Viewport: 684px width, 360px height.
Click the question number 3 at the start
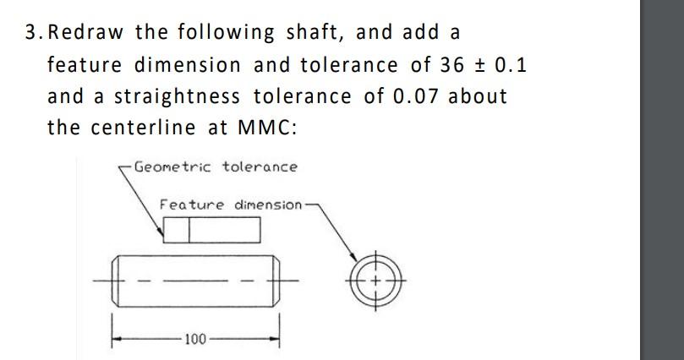(x=31, y=33)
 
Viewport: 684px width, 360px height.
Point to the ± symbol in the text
(x=480, y=65)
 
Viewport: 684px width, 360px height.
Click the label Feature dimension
(x=230, y=205)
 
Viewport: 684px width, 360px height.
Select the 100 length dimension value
(x=194, y=339)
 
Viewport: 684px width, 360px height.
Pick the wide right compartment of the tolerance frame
(x=223, y=230)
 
